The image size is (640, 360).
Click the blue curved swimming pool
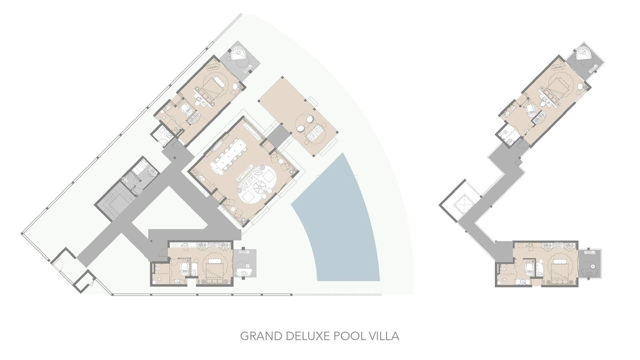340,224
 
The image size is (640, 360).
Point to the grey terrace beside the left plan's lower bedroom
245,264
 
